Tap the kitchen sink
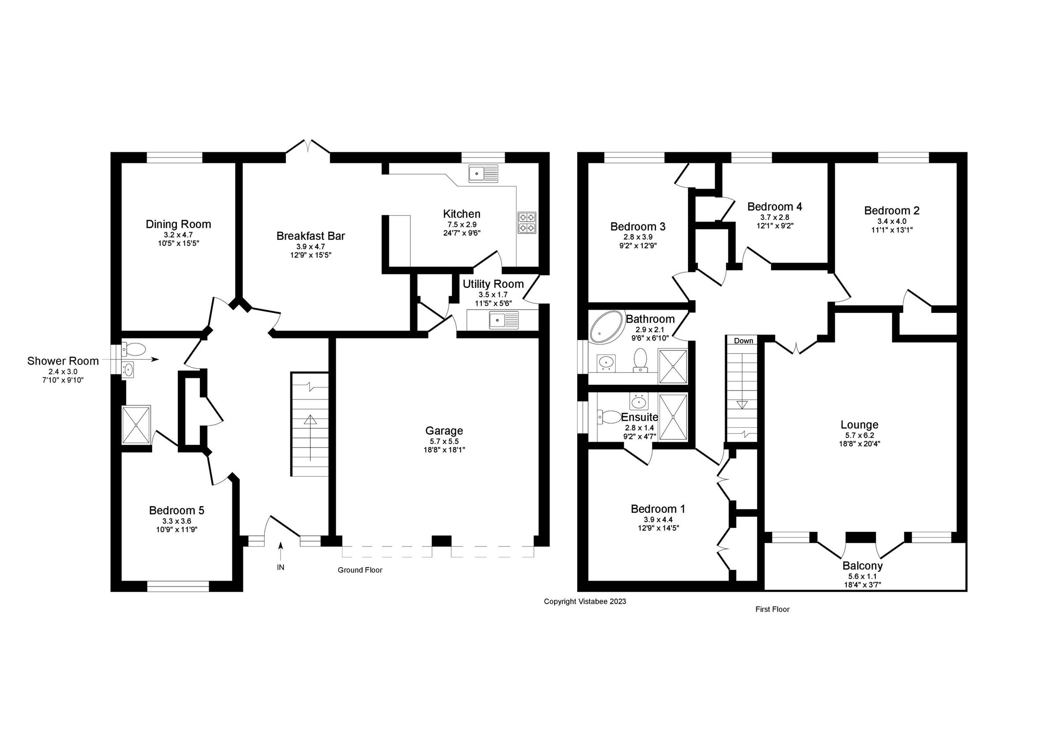[483, 173]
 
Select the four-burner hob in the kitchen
[527, 222]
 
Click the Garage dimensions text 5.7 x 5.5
[444, 441]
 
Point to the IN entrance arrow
[281, 551]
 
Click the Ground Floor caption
[360, 570]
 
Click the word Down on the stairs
[743, 341]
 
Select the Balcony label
[862, 566]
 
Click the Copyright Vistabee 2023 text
[584, 601]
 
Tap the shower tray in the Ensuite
[673, 417]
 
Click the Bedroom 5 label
[176, 510]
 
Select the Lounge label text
[859, 425]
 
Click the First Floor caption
[772, 609]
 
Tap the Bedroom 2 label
[891, 211]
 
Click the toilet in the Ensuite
[610, 417]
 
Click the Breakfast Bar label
[310, 236]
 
